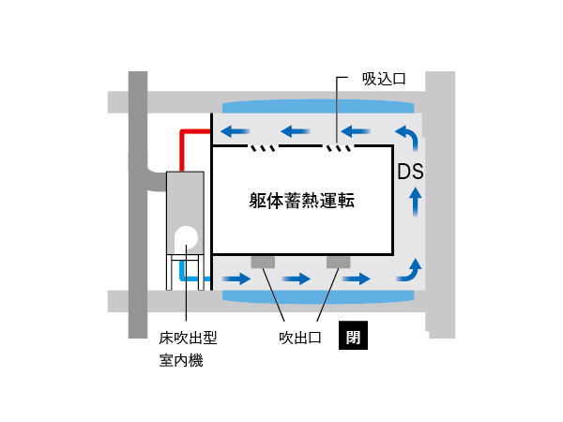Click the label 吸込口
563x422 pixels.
point(384,79)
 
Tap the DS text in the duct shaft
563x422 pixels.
point(410,172)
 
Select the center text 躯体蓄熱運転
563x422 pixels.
point(302,201)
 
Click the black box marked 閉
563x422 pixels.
point(354,335)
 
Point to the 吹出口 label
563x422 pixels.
point(300,338)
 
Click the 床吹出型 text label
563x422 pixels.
point(189,338)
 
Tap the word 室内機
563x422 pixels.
point(181,360)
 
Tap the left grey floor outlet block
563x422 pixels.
point(263,262)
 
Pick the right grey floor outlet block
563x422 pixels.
point(338,262)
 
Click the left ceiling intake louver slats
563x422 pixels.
point(263,148)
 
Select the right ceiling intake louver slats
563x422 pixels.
point(339,148)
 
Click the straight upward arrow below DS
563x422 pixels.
point(416,202)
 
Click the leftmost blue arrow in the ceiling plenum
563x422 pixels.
point(236,131)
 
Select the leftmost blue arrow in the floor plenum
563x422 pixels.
point(236,279)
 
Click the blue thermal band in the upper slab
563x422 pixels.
point(318,107)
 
